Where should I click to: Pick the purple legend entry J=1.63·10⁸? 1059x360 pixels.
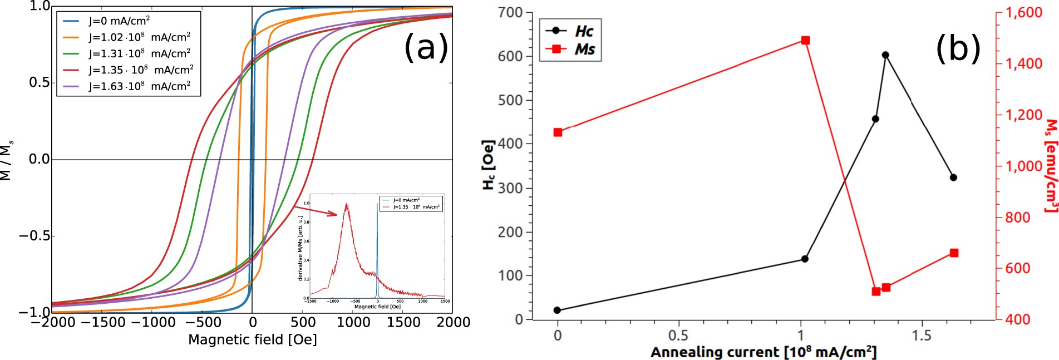tap(139, 86)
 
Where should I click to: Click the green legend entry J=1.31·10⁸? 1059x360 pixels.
tap(139, 53)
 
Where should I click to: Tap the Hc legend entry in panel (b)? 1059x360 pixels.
tap(584, 31)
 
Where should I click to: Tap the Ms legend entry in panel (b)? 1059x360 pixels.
tap(584, 49)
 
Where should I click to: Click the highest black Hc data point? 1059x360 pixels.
tap(885, 55)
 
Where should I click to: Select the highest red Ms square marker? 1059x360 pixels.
tap(805, 41)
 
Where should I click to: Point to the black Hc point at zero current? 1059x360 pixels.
tap(558, 310)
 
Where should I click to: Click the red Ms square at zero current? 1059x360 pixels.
tap(558, 132)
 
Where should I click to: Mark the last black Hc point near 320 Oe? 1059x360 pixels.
tap(953, 177)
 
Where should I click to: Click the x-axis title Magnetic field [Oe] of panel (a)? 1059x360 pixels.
tap(252, 340)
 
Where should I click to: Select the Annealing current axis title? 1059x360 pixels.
tap(764, 352)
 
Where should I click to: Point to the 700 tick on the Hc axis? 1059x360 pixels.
tap(510, 12)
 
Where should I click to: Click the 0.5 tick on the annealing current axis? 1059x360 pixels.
tap(678, 335)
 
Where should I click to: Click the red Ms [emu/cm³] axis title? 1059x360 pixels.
tap(1050, 165)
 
